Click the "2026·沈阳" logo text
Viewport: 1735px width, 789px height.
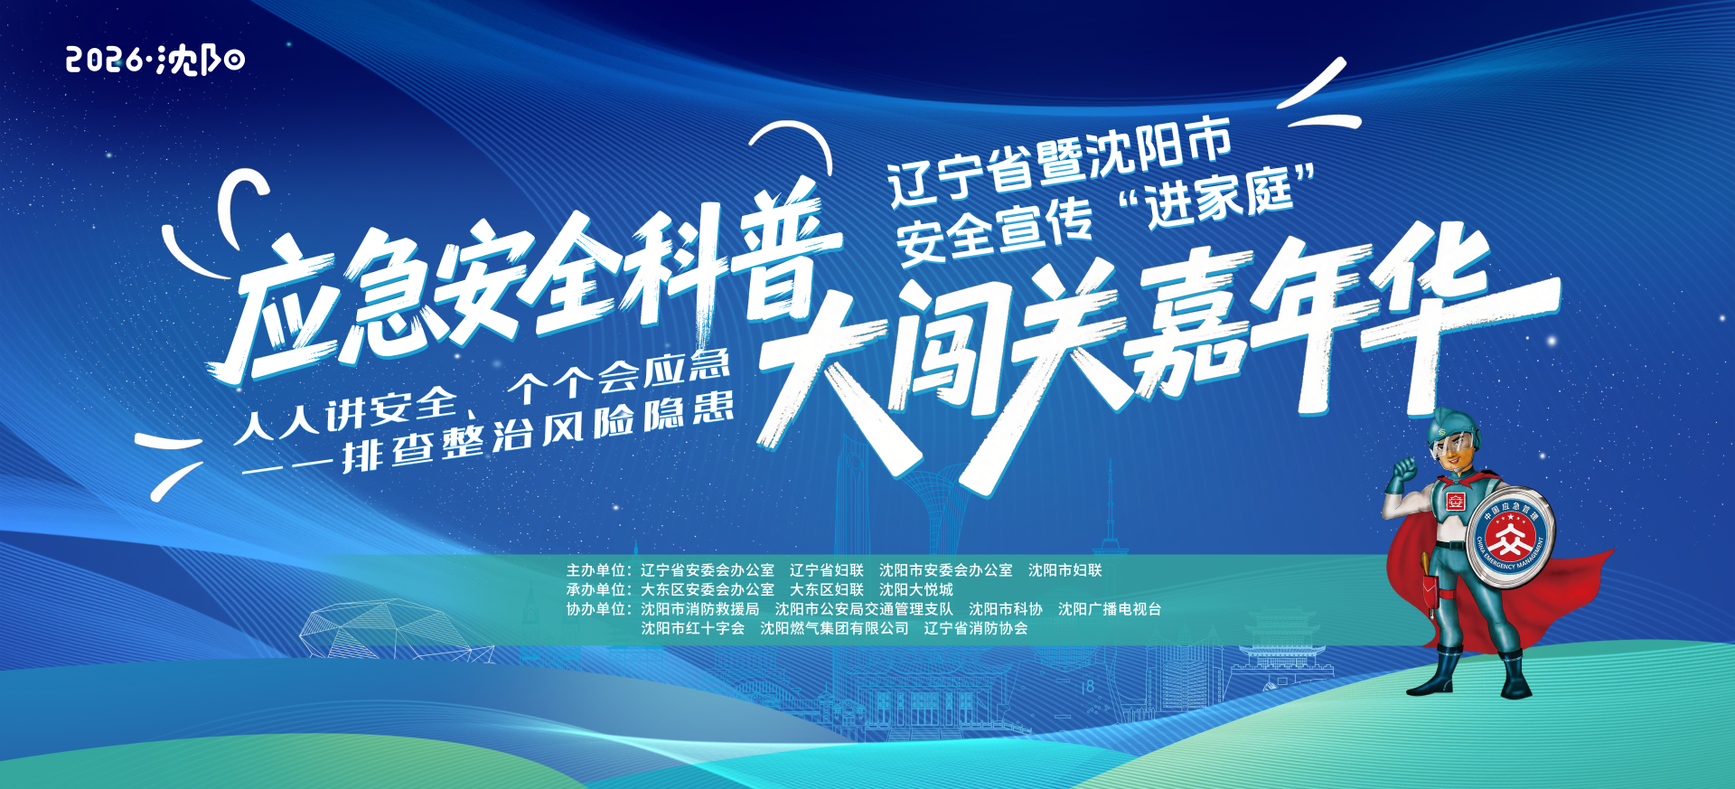pyautogui.click(x=155, y=60)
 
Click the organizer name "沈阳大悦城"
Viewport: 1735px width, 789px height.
pyautogui.click(x=916, y=589)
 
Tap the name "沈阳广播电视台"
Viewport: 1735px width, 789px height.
pyautogui.click(x=1110, y=609)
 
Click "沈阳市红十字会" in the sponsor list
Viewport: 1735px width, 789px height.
pyautogui.click(x=693, y=628)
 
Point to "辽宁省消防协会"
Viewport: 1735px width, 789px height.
pyautogui.click(x=976, y=628)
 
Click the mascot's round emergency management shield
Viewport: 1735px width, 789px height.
pyautogui.click(x=1509, y=540)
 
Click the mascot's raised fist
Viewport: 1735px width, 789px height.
pyautogui.click(x=1405, y=470)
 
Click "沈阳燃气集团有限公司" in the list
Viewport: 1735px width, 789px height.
pyautogui.click(x=834, y=628)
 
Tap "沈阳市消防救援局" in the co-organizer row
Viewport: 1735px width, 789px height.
pyautogui.click(x=700, y=609)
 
